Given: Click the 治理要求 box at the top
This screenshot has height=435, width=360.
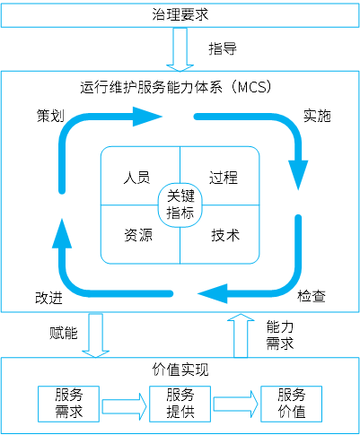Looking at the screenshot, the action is (x=180, y=14).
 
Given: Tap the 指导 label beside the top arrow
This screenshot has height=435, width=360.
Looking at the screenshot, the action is (x=223, y=48).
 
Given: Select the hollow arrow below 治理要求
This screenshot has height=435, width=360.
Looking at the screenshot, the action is (x=180, y=49).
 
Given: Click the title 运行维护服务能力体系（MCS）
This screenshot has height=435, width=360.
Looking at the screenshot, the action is (x=177, y=87).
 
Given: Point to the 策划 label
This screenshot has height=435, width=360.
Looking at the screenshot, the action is (x=50, y=116).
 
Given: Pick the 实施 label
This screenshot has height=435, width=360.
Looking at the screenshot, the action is (x=317, y=116).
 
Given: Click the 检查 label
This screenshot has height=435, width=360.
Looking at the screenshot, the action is (x=312, y=296).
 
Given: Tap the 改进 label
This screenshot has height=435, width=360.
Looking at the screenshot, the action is (x=48, y=298).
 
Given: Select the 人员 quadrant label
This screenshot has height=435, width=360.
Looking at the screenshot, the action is (x=136, y=178).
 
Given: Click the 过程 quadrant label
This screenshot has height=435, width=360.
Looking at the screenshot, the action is (x=224, y=178).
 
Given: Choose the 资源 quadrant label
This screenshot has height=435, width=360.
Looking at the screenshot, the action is (x=138, y=235).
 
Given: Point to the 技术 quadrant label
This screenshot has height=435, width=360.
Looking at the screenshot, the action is (x=225, y=235).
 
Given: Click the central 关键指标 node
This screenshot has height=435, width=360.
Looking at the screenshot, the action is (x=180, y=204).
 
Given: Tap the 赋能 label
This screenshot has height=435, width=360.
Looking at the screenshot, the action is (x=64, y=333).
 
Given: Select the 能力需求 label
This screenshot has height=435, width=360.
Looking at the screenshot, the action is (x=280, y=335).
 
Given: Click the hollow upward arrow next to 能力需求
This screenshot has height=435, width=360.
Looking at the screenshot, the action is (x=241, y=335).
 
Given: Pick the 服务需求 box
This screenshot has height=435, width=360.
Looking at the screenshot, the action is (x=68, y=404).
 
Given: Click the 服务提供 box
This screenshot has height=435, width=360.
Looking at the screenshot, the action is (x=180, y=404).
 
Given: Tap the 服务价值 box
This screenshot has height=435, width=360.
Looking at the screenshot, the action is (x=291, y=404).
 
